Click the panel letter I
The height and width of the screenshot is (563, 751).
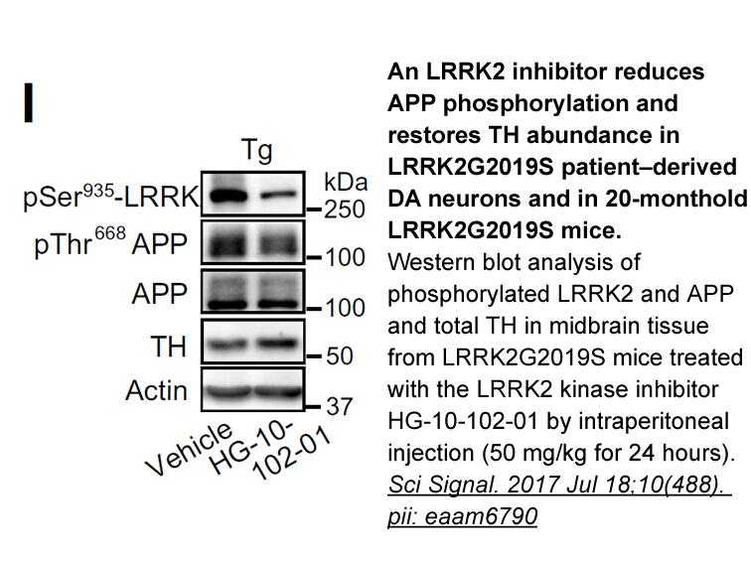[x=29, y=102]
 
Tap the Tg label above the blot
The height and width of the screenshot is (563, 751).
[x=256, y=150]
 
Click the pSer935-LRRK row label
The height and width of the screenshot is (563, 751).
[x=110, y=197]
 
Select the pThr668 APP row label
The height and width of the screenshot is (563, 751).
[x=110, y=242]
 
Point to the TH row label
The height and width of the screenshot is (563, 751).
[x=168, y=347]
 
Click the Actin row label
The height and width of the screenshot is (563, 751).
[x=156, y=390]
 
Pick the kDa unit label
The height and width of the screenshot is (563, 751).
[x=346, y=182]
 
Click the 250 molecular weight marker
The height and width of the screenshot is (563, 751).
[x=345, y=210]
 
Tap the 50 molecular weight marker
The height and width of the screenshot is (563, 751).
[x=339, y=355]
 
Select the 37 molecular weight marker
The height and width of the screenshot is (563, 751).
[x=339, y=406]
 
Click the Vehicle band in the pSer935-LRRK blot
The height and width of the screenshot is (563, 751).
[x=227, y=196]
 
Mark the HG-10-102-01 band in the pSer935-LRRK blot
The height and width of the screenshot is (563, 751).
[x=279, y=196]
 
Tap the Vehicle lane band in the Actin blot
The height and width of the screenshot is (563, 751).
[x=227, y=392]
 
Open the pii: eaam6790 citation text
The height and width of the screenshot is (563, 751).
[x=462, y=516]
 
